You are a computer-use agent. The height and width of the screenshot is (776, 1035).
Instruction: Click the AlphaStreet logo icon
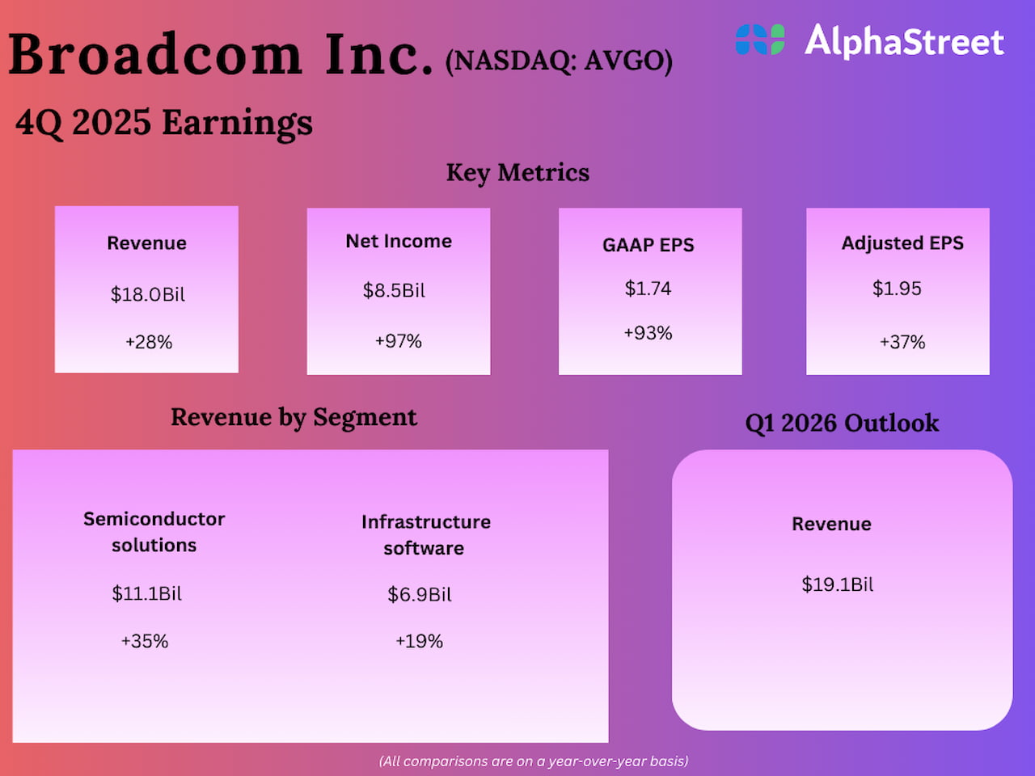tap(760, 40)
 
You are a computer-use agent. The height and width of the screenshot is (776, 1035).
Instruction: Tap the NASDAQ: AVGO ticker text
tap(559, 61)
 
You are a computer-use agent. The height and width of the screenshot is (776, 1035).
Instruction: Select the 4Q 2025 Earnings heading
tap(164, 123)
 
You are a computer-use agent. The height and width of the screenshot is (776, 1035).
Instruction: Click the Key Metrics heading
tap(517, 172)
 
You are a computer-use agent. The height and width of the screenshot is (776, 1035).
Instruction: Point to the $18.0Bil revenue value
tap(148, 294)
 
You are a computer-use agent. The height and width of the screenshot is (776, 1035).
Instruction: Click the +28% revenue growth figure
tap(149, 342)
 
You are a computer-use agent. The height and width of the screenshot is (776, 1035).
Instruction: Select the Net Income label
tap(399, 241)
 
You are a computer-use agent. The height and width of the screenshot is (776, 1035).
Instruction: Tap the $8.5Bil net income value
tap(394, 290)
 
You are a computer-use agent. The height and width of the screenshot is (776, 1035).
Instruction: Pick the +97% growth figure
tap(399, 341)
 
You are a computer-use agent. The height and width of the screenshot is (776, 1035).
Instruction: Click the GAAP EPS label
tap(648, 245)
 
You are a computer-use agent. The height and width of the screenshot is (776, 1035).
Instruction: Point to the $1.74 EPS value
tap(648, 289)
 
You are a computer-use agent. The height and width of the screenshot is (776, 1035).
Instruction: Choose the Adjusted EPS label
tap(902, 243)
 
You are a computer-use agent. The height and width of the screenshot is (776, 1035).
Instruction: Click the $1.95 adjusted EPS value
tap(897, 289)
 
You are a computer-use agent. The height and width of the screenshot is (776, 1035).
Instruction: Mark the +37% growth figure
tap(902, 342)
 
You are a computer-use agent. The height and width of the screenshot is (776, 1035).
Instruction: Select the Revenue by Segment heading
tap(294, 417)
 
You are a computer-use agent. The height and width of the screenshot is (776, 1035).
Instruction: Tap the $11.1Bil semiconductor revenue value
tap(147, 593)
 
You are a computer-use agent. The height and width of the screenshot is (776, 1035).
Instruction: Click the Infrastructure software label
tap(425, 534)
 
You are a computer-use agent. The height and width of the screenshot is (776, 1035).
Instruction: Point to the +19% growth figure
tap(419, 641)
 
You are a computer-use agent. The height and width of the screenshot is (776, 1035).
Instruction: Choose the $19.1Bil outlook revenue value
tap(838, 584)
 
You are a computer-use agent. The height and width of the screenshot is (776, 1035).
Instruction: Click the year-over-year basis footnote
tap(534, 761)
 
